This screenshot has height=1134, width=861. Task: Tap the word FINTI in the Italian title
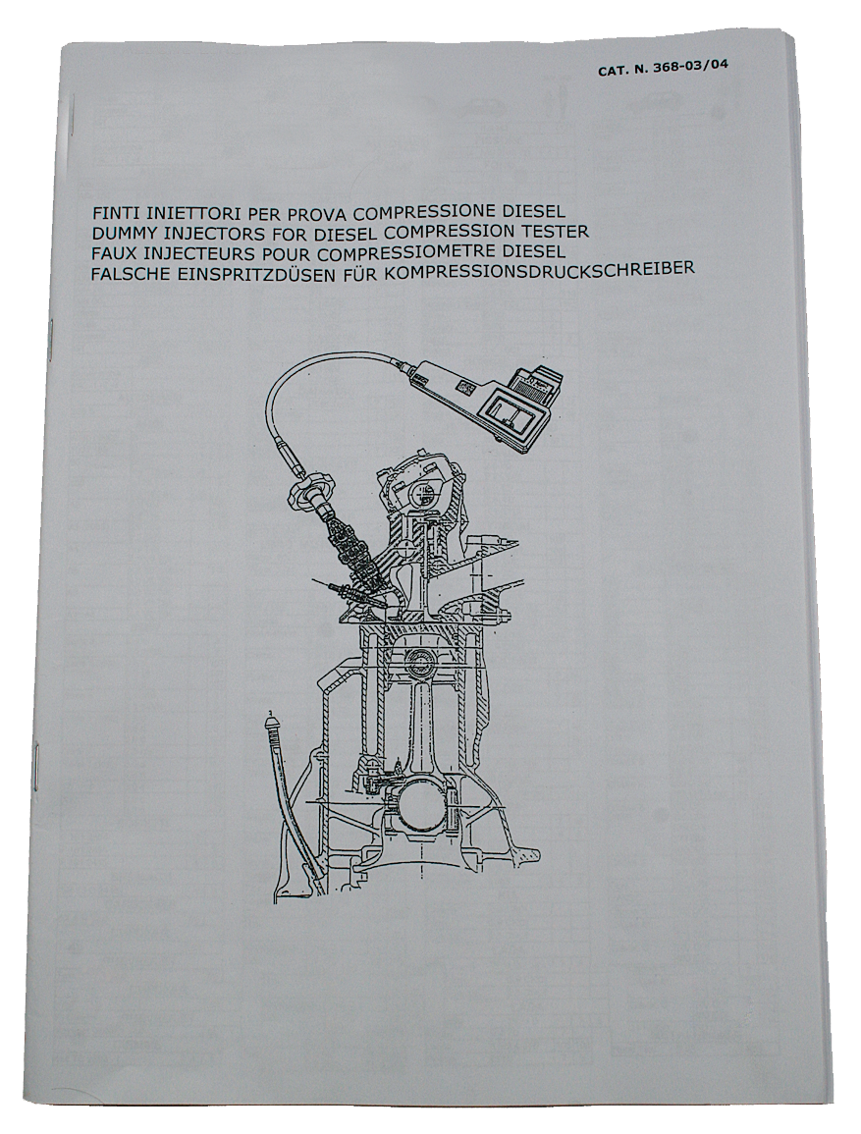tap(115, 215)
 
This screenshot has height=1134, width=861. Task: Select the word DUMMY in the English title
tap(122, 233)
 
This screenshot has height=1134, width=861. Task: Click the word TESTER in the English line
tap(559, 233)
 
